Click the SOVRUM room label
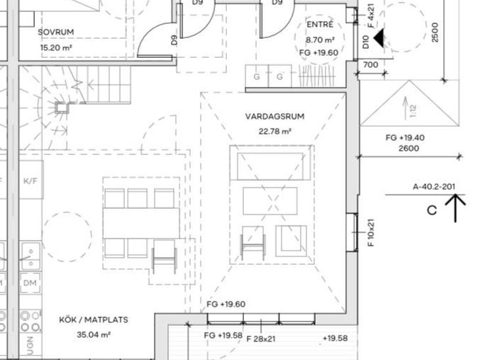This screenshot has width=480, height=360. click(56, 32)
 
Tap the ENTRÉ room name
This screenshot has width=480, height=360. click(320, 24)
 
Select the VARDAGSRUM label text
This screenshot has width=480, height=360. click(275, 116)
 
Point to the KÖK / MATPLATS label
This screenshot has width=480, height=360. click(93, 320)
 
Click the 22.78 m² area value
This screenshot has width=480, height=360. click(275, 131)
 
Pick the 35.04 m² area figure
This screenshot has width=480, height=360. click(93, 334)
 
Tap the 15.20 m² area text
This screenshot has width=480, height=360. click(56, 48)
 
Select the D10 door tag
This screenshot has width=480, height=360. click(366, 42)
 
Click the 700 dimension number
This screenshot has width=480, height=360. click(370, 65)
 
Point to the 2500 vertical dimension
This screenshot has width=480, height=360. click(435, 32)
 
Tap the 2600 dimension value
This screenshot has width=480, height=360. click(409, 148)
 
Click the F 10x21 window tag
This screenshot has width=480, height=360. click(370, 233)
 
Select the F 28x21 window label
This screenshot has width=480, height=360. click(261, 338)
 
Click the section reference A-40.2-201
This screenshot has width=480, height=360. click(434, 187)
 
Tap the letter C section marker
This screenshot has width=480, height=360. click(431, 210)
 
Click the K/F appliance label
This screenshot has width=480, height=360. click(30, 181)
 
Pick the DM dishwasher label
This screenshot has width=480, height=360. click(30, 283)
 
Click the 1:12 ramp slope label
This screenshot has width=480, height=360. click(413, 111)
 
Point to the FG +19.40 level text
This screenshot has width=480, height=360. click(405, 138)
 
